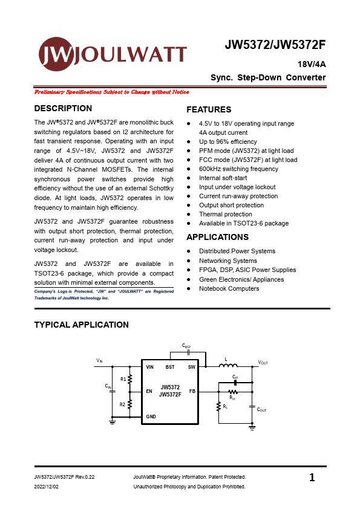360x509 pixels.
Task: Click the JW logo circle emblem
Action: click(x=57, y=54)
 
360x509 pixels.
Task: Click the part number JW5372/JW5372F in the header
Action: click(x=275, y=45)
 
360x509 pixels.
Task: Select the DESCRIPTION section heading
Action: click(x=64, y=109)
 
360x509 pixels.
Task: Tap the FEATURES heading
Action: click(x=209, y=110)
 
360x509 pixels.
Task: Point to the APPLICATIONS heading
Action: click(x=217, y=237)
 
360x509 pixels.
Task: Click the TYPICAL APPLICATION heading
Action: click(x=82, y=325)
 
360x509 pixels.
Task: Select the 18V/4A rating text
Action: click(x=311, y=64)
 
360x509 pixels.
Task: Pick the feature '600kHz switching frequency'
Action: click(x=238, y=169)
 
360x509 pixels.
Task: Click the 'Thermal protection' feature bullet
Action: click(x=225, y=215)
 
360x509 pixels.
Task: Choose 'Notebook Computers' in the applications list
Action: click(x=229, y=289)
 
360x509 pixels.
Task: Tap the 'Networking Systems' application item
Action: click(x=227, y=261)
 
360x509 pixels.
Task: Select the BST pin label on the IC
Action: click(x=170, y=367)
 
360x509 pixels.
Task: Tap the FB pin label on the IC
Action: click(x=192, y=391)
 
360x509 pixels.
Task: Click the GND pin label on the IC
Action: click(x=151, y=417)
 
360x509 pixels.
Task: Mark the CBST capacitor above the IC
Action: click(x=188, y=351)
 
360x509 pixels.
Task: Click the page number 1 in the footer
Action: click(x=312, y=478)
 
